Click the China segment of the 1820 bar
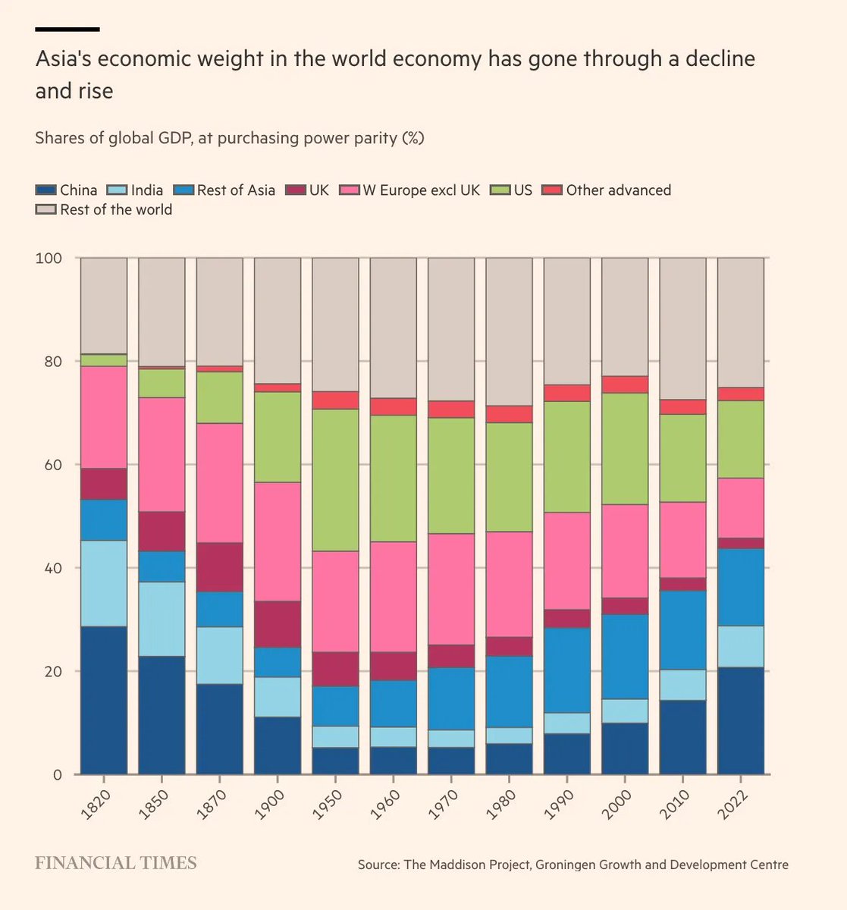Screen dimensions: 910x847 pos(104,700)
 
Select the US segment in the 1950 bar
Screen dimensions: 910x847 pos(335,479)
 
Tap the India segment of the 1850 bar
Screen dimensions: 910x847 pos(162,619)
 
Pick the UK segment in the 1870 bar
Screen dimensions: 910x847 pos(220,567)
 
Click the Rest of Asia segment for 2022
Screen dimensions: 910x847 pos(741,587)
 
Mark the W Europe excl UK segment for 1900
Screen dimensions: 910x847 pos(278,541)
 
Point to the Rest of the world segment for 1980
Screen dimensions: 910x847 pos(509,331)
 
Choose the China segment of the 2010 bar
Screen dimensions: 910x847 pos(682,737)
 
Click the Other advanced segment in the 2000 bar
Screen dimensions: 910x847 pos(625,384)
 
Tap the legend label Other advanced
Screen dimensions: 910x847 pos(618,190)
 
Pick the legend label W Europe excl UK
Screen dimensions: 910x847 pos(421,190)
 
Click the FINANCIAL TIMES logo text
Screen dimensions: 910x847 pos(116,863)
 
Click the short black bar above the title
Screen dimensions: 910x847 pos(67,29)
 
